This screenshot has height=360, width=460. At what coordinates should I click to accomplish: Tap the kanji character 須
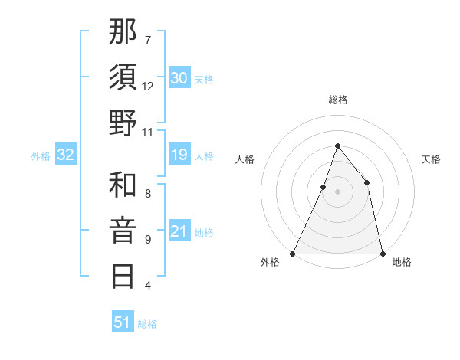[x=123, y=77]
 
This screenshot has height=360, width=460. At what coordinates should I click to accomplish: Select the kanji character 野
[x=123, y=123]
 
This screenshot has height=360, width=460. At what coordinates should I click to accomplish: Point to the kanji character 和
[x=123, y=185]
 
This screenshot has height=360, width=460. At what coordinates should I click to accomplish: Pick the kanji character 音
[x=123, y=231]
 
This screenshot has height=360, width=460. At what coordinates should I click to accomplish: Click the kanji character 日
[x=123, y=276]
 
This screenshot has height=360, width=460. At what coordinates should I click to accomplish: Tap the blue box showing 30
[x=179, y=77]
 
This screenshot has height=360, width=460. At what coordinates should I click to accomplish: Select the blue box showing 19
[x=179, y=155]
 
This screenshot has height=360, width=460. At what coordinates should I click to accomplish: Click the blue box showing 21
[x=179, y=232]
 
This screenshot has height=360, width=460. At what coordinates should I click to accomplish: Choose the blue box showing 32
[x=66, y=155]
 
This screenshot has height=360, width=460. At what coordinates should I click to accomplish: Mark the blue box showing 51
[x=123, y=322]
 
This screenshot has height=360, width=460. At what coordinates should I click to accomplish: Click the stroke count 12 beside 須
[x=148, y=86]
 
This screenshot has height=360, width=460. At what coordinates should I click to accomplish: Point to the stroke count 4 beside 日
[x=148, y=286]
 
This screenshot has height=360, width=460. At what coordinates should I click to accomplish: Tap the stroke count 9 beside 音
[x=148, y=240]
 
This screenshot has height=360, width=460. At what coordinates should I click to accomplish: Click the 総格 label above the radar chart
[x=337, y=100]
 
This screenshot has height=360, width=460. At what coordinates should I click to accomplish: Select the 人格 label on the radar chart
[x=245, y=159]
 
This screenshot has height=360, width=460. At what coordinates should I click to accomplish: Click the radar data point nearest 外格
[x=293, y=253]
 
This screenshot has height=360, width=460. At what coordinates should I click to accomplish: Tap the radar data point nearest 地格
[x=382, y=253]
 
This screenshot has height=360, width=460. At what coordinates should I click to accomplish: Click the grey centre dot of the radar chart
[x=337, y=191]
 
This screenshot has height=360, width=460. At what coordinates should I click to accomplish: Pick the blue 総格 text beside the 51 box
[x=147, y=324]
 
